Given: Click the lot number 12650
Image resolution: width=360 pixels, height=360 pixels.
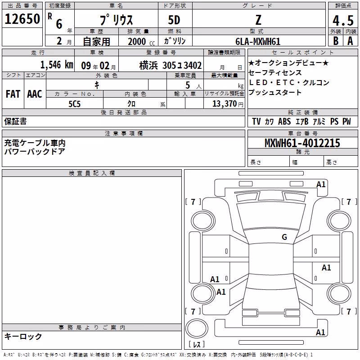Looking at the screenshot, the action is point(22,19).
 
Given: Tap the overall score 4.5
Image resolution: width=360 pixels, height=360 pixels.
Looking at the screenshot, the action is point(343,21).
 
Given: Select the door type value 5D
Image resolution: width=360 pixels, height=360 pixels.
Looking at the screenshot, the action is point(174,20).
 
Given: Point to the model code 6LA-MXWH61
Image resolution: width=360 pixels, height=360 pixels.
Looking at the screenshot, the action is point(258,41).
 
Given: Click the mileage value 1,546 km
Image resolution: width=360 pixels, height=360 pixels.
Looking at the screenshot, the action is point(57,65).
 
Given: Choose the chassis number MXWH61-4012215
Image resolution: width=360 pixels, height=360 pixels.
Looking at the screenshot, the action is point(302,143).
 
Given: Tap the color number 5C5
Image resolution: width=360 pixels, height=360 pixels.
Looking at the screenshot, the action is point(74,104).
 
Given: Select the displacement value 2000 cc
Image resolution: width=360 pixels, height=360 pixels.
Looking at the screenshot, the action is point(141,42).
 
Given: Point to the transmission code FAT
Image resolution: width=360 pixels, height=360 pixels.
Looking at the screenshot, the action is point(13,94).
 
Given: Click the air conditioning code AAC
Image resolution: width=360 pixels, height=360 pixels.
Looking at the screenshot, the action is point(35,94).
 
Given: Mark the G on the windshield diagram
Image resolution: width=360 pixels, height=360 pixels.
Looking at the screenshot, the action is point(284,237).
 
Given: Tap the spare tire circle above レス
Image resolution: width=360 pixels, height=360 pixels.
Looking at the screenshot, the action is point(197,328).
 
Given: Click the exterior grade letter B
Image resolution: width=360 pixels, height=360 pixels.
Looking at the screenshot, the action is point(336,41).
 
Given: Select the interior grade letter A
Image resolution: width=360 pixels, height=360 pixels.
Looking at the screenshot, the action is point(350,41).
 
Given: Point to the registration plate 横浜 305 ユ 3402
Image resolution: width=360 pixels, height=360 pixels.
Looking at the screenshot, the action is point(171,65).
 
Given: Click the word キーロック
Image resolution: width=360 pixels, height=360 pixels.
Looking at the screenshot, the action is point(23,337).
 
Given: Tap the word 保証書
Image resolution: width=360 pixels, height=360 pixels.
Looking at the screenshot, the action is point(15,121).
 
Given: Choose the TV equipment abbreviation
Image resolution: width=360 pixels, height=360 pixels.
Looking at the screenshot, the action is point(256,121).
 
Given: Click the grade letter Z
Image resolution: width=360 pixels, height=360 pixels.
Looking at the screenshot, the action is point(258,20).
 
